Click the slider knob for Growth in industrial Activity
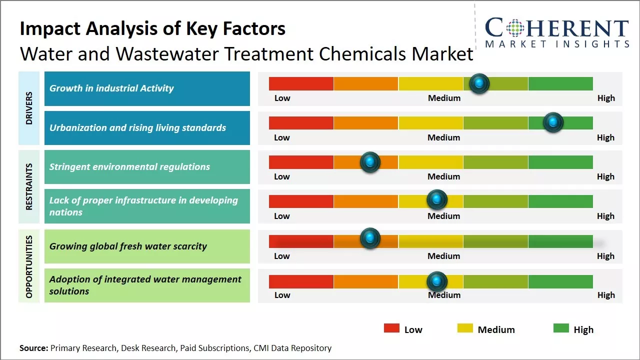click(479, 83)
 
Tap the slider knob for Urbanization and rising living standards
click(553, 122)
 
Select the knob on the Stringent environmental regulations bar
click(370, 162)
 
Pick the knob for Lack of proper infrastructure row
click(437, 200)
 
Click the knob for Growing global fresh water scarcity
click(370, 238)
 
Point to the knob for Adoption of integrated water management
click(437, 281)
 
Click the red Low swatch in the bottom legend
click(391, 328)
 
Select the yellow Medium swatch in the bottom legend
click(465, 328)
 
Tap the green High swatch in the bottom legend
click(561, 328)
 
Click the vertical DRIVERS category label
click(29, 108)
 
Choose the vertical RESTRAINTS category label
click(29, 186)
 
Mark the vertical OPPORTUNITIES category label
click(29, 266)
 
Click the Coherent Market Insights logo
click(556, 33)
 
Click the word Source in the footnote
click(33, 348)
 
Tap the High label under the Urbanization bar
click(605, 137)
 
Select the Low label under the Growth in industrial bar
click(282, 98)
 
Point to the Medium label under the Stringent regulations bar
click(443, 176)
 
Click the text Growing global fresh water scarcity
click(128, 246)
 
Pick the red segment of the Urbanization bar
click(301, 122)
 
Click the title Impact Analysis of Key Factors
click(152, 29)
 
